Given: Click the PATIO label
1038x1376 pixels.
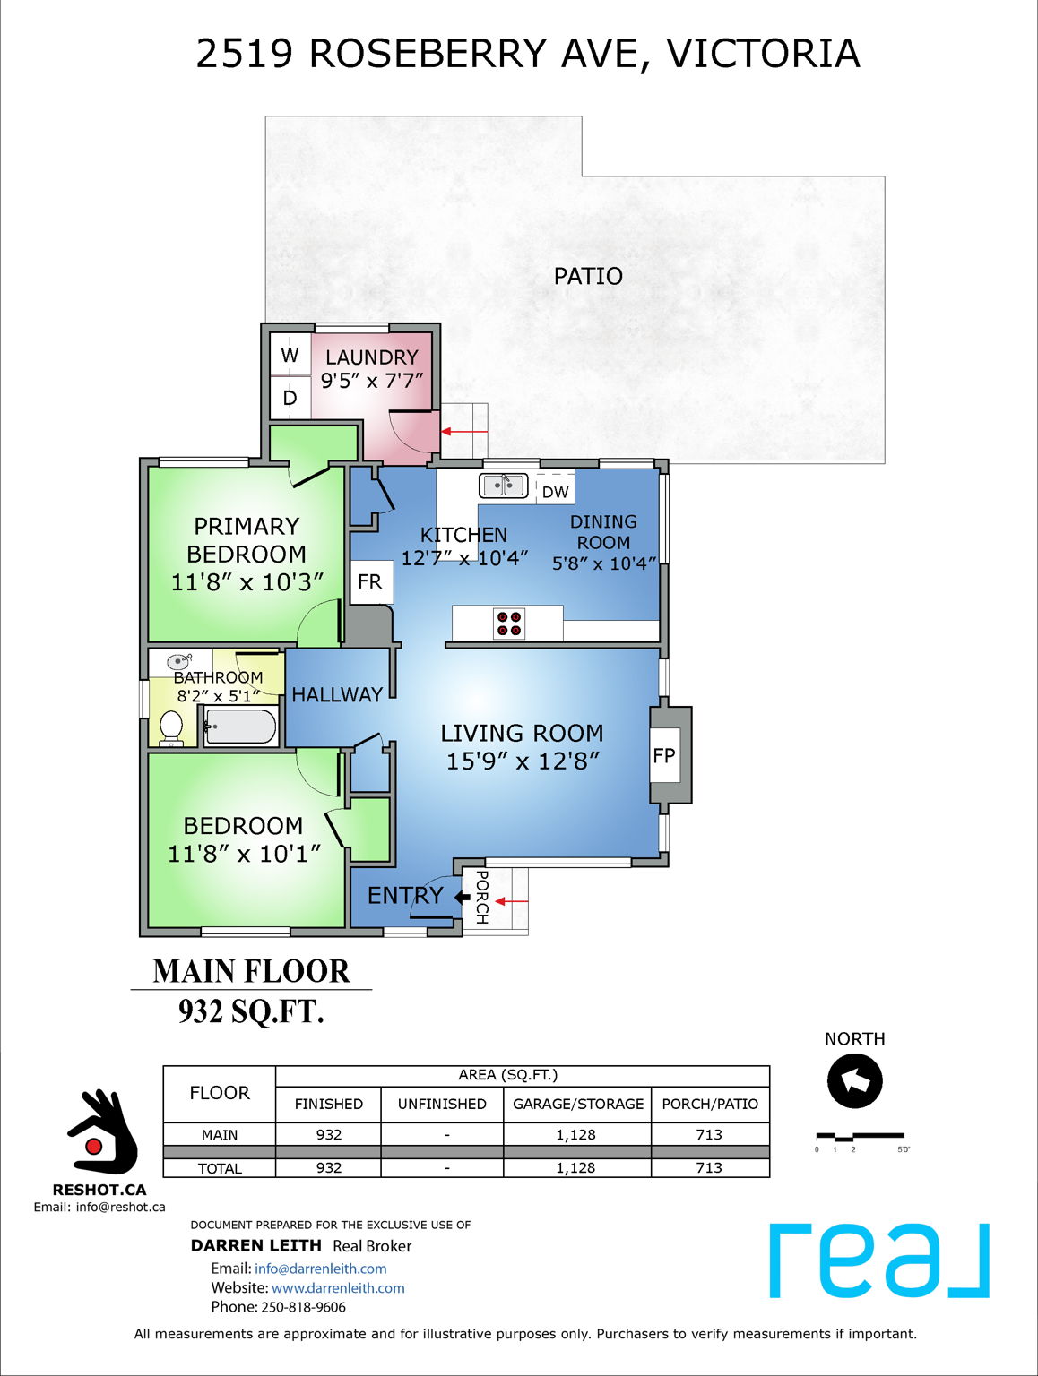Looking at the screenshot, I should click(x=588, y=276).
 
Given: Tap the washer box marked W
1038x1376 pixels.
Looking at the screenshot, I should click(x=290, y=355).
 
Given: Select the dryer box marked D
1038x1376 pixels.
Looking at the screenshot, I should click(x=290, y=398).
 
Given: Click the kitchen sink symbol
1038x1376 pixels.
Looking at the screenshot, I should click(x=503, y=486).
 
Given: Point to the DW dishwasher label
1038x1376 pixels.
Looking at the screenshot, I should click(x=555, y=492).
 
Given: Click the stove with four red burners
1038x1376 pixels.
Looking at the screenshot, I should click(x=509, y=623).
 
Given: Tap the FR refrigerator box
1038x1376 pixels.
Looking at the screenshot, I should click(x=369, y=582).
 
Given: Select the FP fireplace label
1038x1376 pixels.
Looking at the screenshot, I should click(x=664, y=756).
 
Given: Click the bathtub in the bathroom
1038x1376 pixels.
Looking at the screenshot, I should click(x=240, y=727).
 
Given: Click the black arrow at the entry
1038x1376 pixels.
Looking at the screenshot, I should click(x=463, y=897).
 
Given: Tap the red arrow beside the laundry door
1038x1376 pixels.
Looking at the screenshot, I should click(x=463, y=432).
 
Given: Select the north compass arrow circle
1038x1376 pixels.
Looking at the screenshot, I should click(x=854, y=1081).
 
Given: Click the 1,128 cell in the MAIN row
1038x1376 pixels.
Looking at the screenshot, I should click(x=575, y=1134).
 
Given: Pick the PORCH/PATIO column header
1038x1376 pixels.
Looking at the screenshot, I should click(x=709, y=1104).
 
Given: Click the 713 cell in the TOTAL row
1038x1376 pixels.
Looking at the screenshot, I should click(x=709, y=1168).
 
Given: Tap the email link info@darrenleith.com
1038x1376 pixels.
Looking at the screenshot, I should click(x=320, y=1268).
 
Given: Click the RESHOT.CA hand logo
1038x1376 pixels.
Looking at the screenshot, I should click(x=101, y=1132).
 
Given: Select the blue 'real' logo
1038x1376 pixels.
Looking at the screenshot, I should click(x=879, y=1260).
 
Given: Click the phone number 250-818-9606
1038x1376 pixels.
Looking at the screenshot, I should click(x=303, y=1307).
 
